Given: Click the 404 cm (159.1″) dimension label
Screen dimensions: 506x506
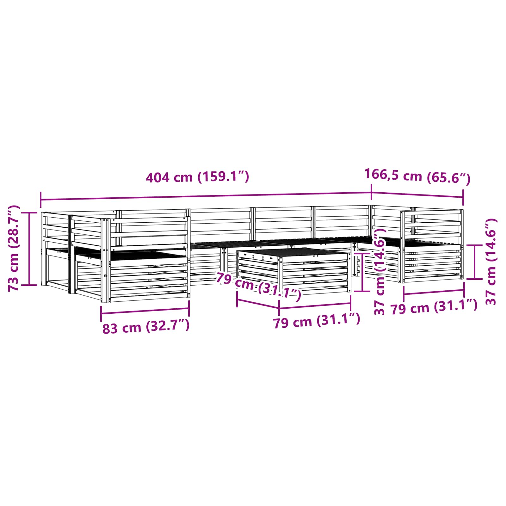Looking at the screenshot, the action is (x=197, y=177).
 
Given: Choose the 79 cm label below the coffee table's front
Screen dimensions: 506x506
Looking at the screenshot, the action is (x=317, y=321).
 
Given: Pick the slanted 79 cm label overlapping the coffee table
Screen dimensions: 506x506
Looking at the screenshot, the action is (x=258, y=286).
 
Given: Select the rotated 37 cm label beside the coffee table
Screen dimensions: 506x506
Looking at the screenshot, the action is (x=379, y=272).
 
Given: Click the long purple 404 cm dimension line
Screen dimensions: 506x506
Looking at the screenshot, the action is (x=206, y=196).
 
